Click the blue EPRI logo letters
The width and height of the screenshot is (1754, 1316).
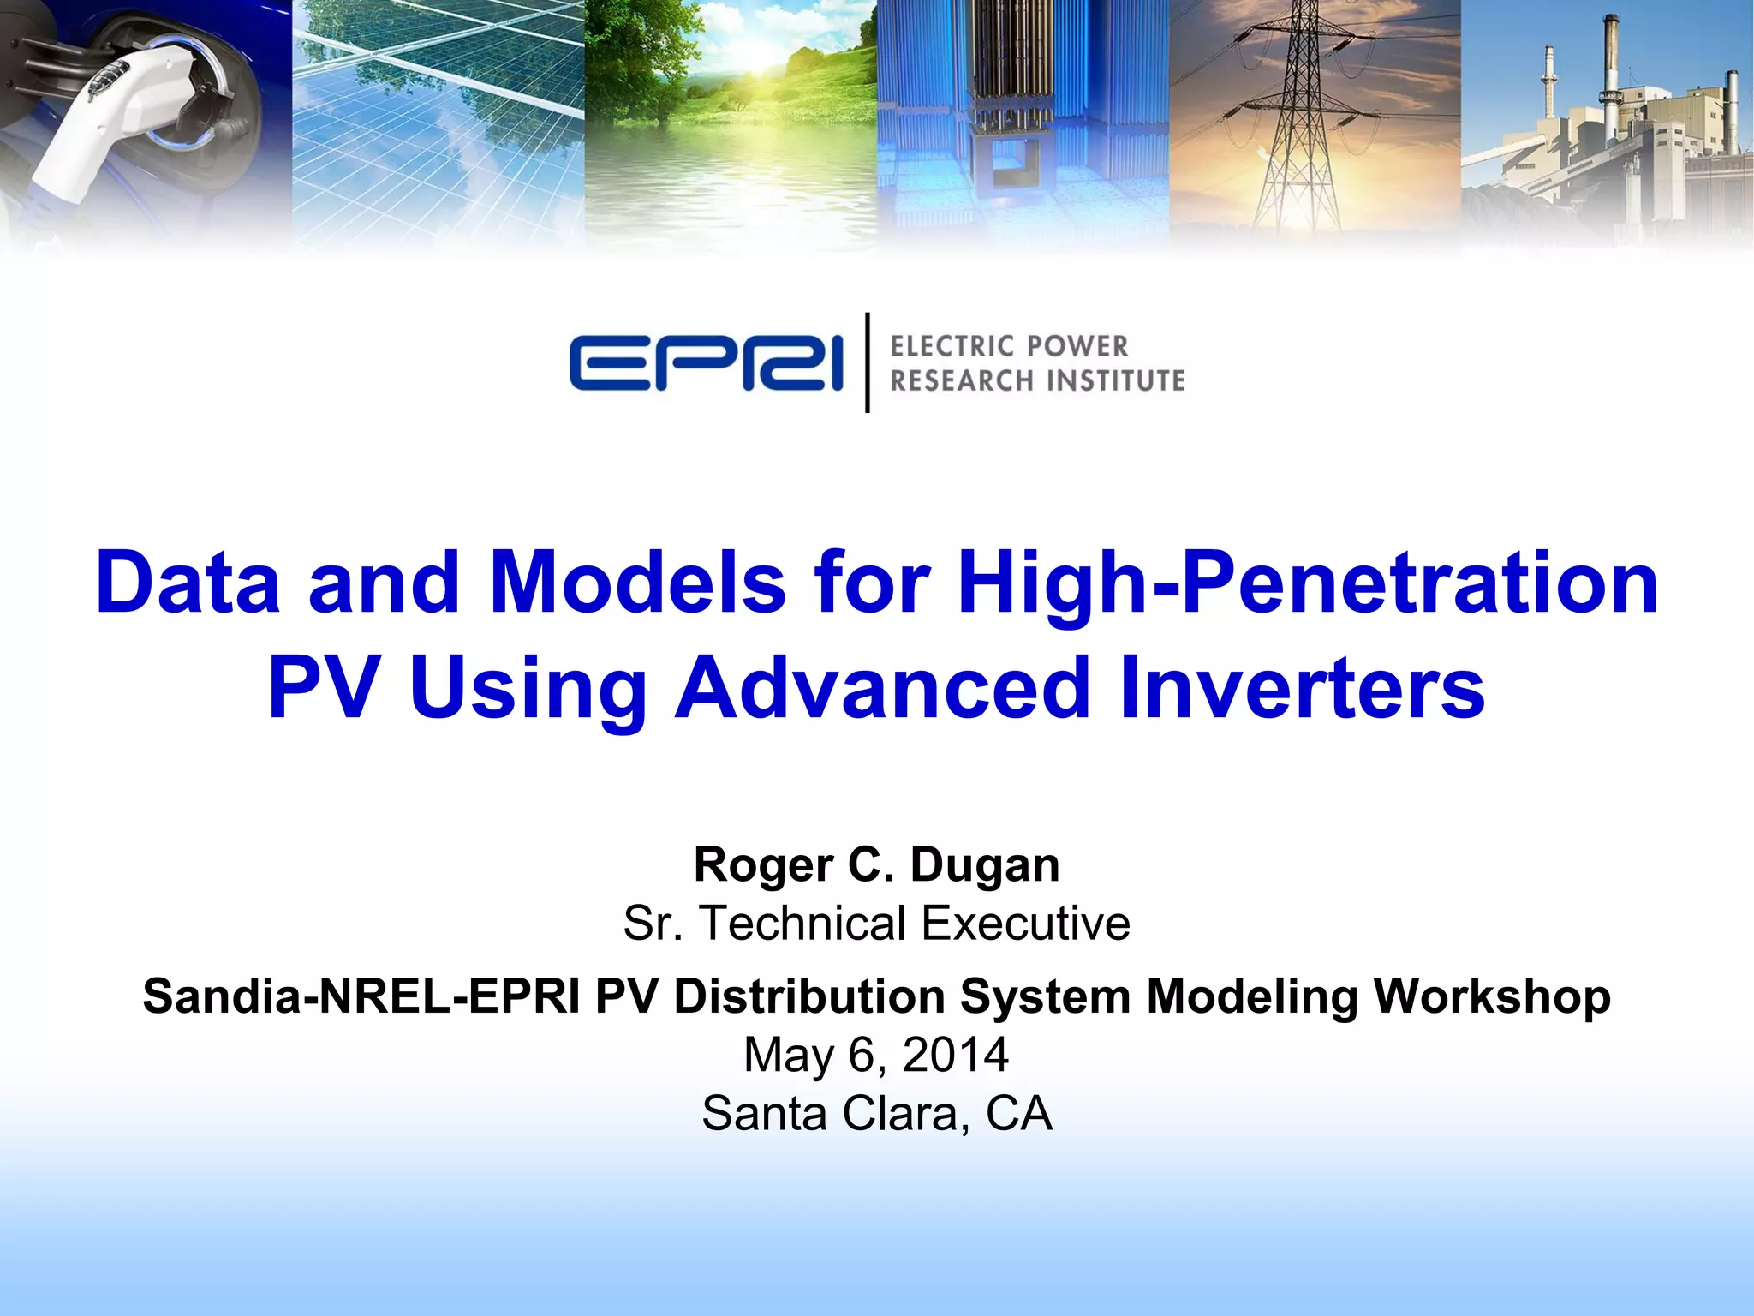[706, 363]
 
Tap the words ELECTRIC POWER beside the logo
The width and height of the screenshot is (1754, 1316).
[1009, 346]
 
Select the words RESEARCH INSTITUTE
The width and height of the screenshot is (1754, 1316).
[1037, 380]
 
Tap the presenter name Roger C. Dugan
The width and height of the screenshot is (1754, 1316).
[876, 864]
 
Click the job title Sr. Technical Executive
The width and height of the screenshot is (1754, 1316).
[876, 924]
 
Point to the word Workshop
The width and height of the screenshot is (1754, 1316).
[1492, 996]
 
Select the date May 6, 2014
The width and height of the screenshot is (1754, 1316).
[876, 1055]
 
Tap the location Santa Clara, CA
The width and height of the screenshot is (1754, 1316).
[876, 1114]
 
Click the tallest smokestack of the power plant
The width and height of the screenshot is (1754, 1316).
[1610, 77]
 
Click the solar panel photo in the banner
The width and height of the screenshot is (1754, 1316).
[438, 120]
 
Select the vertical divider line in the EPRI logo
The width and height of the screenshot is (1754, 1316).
[868, 362]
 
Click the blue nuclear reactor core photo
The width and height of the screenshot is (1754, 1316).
[1023, 120]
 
